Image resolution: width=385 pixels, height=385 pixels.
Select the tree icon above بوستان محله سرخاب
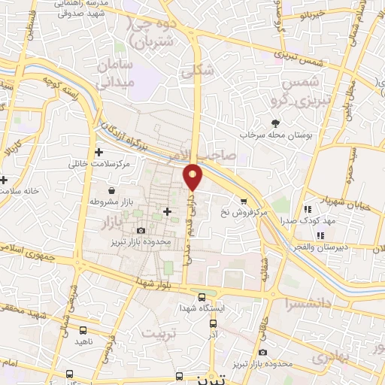tap(275, 123)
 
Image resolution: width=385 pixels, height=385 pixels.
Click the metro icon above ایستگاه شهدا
tap(199, 295)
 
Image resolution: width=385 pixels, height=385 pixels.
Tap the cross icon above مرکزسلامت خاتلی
tap(99, 152)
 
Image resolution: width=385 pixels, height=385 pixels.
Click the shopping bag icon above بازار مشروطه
tap(111, 191)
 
